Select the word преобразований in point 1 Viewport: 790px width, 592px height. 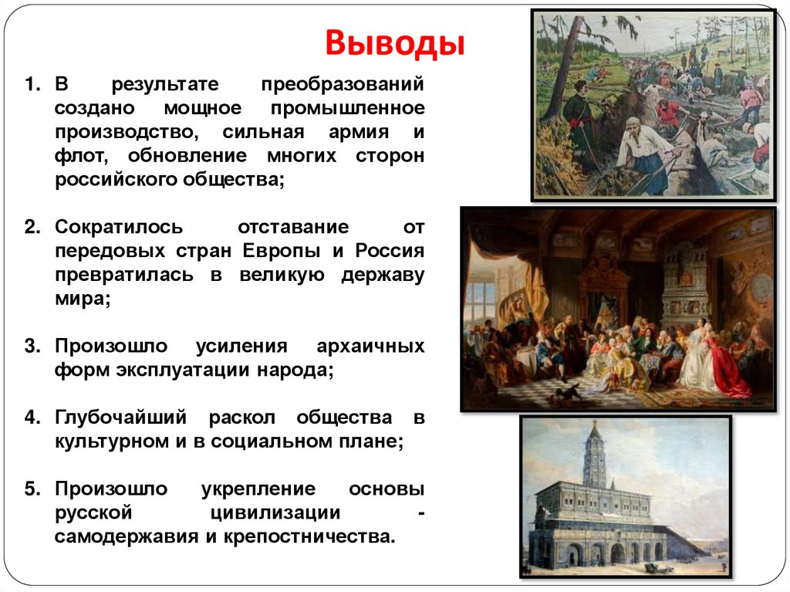[343, 83]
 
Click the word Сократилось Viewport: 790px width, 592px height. [119, 228]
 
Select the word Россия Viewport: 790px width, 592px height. [390, 252]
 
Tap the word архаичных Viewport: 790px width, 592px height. [366, 346]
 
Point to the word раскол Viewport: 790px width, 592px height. [242, 418]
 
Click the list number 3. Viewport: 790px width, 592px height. [31, 346]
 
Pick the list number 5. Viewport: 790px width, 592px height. [31, 489]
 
